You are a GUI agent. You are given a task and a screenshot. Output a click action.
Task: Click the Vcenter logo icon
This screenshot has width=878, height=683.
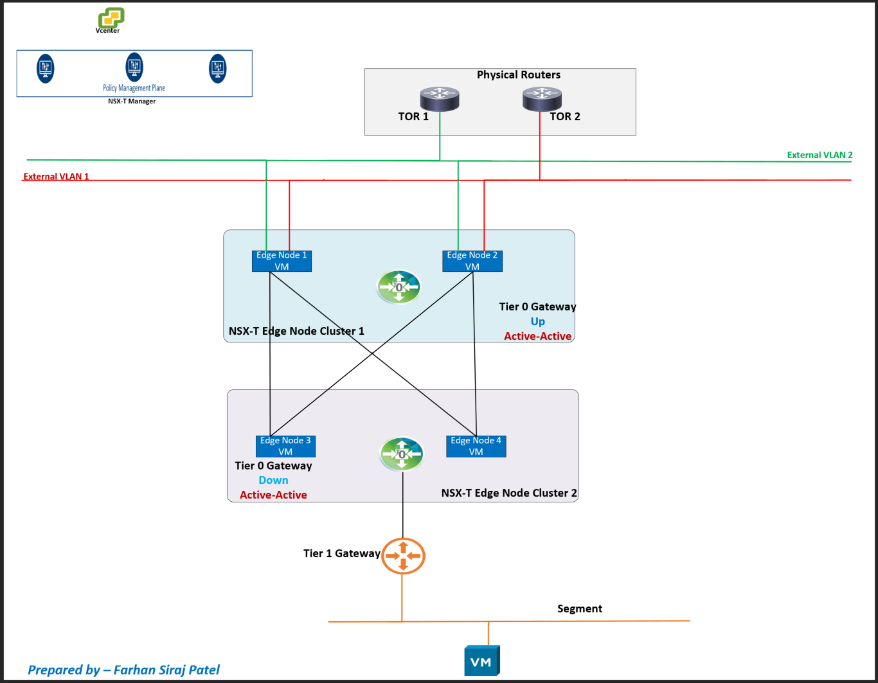(x=111, y=17)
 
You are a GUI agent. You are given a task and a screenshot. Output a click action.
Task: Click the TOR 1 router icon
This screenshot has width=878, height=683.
(x=440, y=99)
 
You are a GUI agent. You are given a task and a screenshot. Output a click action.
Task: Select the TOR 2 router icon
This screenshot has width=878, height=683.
(x=542, y=98)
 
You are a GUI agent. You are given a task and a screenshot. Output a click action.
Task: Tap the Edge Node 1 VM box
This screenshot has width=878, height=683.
(x=282, y=261)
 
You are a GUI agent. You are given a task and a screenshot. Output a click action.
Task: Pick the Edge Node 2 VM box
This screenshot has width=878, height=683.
(x=472, y=261)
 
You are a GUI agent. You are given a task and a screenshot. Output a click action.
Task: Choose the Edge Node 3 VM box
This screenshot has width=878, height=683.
(x=285, y=446)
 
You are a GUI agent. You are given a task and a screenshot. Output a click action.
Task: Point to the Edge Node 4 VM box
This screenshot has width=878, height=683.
(x=476, y=446)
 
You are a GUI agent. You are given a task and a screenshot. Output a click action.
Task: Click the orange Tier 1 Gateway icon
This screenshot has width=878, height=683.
(x=403, y=556)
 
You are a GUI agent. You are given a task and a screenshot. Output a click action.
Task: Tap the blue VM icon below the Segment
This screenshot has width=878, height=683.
(x=481, y=661)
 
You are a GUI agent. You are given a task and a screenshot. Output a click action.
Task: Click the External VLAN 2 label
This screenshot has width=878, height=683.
(x=820, y=155)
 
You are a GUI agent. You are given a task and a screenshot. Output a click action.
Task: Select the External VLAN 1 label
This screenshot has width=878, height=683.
(x=57, y=177)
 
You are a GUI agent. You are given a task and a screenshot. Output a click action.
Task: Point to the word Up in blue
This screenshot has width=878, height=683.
(x=538, y=321)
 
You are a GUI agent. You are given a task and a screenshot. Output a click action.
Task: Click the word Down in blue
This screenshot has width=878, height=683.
(x=273, y=480)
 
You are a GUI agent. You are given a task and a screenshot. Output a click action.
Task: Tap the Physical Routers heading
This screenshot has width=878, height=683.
(x=518, y=75)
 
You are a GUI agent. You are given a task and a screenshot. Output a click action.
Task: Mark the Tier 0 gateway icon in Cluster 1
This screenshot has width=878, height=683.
(x=399, y=287)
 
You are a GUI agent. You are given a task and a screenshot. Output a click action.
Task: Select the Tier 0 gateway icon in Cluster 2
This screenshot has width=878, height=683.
(x=402, y=454)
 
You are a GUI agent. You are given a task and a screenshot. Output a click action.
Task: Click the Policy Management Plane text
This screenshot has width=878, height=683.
(x=134, y=88)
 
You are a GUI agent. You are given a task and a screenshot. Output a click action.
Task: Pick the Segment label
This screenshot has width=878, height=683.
(x=580, y=608)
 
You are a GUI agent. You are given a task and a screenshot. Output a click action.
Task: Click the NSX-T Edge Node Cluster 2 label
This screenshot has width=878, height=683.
(x=509, y=493)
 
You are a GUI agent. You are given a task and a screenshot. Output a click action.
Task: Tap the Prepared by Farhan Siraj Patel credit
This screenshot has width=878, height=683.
(x=123, y=670)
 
